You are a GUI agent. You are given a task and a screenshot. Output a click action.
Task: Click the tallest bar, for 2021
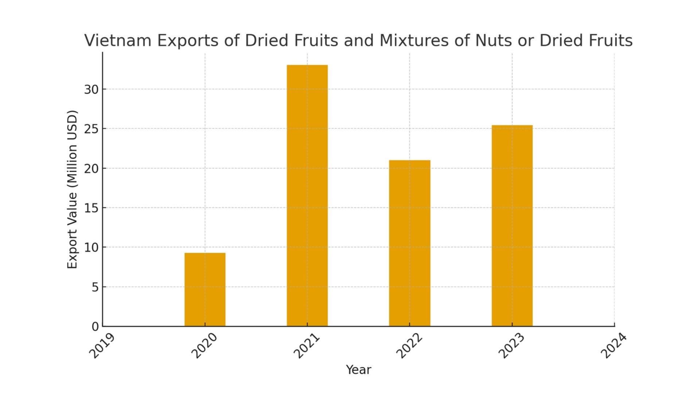tap(307, 196)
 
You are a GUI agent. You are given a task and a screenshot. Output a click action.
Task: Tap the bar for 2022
tap(409, 243)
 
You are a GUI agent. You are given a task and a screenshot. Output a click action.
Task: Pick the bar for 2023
tap(512, 225)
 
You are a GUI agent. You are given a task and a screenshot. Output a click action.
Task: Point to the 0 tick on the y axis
tap(95, 327)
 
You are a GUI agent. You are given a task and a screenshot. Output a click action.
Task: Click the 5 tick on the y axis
tap(95, 287)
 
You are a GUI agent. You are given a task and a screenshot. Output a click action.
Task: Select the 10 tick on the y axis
tap(91, 247)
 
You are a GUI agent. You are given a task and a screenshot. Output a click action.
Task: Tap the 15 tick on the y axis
tap(91, 208)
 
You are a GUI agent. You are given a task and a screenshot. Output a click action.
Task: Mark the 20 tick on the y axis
tap(91, 169)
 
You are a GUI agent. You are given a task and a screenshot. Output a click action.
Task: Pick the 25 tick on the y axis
tap(91, 129)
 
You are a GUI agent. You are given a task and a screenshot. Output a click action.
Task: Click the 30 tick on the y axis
tap(91, 89)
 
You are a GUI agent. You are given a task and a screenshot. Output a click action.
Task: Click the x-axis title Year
tap(358, 370)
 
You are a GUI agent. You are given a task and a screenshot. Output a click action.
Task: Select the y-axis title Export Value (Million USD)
tap(73, 189)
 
